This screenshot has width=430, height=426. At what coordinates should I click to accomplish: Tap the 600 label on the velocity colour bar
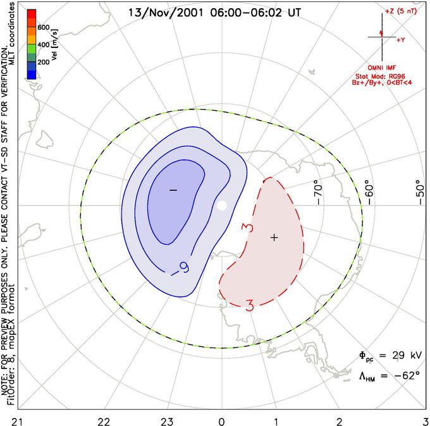[x=43, y=28]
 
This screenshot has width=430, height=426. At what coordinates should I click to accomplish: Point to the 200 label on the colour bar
[x=43, y=63]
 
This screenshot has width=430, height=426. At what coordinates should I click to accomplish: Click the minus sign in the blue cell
[x=173, y=190]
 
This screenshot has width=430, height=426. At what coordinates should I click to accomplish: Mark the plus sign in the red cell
[x=274, y=237]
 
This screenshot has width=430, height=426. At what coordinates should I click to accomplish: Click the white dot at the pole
[x=221, y=205]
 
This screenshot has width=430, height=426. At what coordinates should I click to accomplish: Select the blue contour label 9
[x=184, y=267]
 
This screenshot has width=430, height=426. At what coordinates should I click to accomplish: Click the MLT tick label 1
[x=276, y=420]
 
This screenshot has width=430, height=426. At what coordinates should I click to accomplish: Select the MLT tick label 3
[x=426, y=420]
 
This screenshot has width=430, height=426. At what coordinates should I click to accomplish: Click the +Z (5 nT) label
[x=402, y=12]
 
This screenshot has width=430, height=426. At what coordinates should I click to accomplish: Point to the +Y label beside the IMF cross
[x=401, y=39]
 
